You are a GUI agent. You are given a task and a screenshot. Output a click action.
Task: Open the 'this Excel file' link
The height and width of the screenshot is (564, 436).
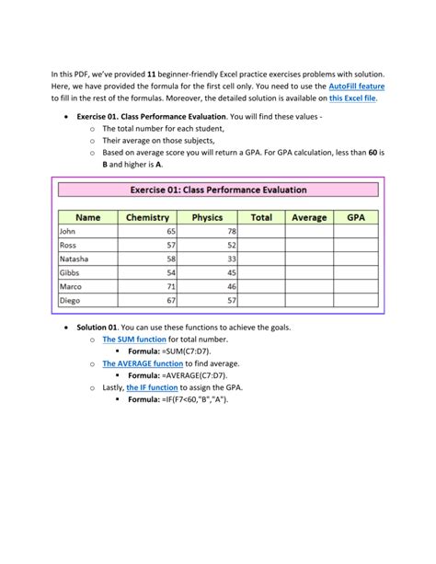point(352,98)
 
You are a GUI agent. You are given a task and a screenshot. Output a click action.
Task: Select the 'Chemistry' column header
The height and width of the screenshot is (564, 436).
point(148,218)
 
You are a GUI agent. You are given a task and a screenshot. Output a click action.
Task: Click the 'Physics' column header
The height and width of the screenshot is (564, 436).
point(207,218)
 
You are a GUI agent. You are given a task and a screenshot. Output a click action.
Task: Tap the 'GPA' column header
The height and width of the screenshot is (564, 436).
point(355,218)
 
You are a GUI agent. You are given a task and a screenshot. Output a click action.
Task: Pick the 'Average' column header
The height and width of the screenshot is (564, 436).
point(309,218)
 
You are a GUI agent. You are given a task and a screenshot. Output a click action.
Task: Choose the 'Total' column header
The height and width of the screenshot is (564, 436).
point(262,218)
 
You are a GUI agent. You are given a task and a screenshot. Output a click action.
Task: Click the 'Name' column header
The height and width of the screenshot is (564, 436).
point(88,218)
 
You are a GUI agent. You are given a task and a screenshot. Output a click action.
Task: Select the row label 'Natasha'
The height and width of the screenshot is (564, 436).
point(75,259)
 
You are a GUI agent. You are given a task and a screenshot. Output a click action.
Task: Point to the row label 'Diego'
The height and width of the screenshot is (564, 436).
point(71,301)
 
